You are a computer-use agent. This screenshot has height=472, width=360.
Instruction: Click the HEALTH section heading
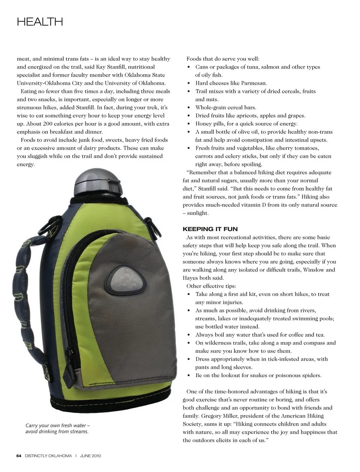tap(40, 22)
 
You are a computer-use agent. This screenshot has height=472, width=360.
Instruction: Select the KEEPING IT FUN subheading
tap(210, 229)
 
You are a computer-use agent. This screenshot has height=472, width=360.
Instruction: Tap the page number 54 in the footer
tap(19, 456)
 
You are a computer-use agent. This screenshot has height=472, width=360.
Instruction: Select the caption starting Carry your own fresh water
tap(57, 429)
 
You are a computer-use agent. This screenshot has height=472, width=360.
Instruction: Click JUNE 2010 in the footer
tap(91, 456)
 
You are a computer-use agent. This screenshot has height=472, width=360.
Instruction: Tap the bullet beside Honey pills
tap(189, 124)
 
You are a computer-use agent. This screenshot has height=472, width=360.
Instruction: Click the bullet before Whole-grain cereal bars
tap(189, 108)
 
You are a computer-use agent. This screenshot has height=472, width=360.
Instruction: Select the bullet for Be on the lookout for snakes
tap(189, 376)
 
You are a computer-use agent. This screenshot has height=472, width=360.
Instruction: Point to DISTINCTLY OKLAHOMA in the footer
tap(48, 456)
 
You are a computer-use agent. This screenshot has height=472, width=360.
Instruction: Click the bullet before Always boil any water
tap(189, 335)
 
